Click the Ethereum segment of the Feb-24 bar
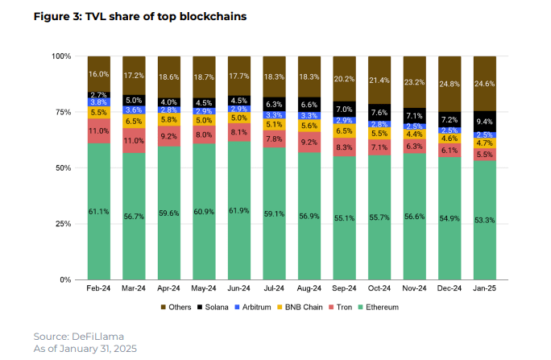(99, 211)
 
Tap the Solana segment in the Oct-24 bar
(379, 112)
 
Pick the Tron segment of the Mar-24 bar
(134, 140)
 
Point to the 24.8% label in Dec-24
(449, 83)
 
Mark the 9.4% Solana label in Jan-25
(484, 122)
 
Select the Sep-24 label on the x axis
(344, 288)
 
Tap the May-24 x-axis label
(204, 288)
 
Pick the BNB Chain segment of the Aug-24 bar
(309, 126)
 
